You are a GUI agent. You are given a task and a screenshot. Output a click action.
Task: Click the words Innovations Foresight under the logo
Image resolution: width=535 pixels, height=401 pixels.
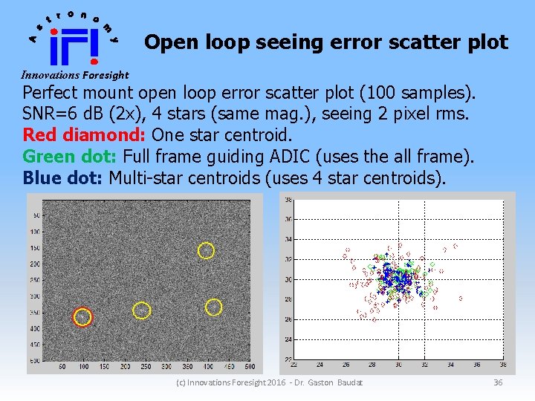[x=74, y=75]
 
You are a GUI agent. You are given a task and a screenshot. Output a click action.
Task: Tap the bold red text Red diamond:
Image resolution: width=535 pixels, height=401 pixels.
[x=85, y=135]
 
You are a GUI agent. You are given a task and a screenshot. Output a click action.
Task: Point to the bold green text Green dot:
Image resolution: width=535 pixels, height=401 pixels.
[x=71, y=157]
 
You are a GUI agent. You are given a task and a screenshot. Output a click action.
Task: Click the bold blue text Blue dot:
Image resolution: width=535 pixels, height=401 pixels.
[x=63, y=177]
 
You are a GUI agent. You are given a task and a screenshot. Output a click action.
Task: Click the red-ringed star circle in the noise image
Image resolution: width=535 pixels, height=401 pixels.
[x=82, y=317]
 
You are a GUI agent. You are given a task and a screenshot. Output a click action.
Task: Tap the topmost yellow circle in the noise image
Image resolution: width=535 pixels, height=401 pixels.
[x=206, y=251]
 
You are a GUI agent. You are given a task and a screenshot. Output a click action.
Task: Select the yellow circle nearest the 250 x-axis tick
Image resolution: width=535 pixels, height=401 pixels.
[x=141, y=310]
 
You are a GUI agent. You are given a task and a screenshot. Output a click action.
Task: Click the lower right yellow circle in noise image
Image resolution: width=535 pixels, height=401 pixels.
[x=213, y=307]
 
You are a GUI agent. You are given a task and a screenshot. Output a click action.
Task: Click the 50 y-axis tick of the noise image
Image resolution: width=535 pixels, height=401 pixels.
[x=36, y=215]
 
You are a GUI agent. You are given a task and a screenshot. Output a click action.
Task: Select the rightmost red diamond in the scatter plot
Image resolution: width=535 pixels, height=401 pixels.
[x=461, y=299]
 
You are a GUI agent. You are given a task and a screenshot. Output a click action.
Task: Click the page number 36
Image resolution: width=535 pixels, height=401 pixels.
[x=498, y=382]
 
